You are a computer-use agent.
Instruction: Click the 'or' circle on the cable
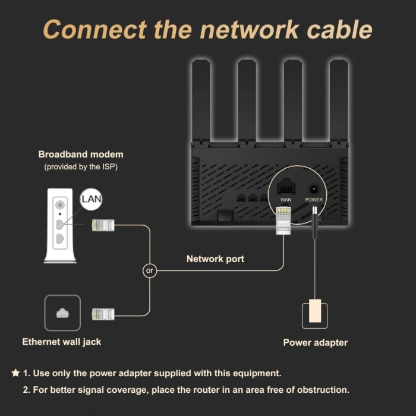point(150,270)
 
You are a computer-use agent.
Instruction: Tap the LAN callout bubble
point(91,200)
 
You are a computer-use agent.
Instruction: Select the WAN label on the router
point(285,200)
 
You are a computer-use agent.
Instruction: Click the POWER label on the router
point(314,200)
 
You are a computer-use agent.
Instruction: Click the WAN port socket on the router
point(286,186)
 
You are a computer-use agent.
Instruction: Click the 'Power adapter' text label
point(315,342)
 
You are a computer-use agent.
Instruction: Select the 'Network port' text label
point(215,259)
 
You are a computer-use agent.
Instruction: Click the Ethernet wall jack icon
point(62,313)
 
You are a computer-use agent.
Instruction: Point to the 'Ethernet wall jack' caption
point(62,342)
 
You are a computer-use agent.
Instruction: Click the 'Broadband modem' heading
point(81,155)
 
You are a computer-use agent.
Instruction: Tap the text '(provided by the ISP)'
point(81,167)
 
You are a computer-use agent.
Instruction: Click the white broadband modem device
point(61,226)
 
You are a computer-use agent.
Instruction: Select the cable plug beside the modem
point(102,225)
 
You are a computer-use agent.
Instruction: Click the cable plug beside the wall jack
point(102,314)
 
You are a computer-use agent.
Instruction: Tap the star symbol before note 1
point(15,373)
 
